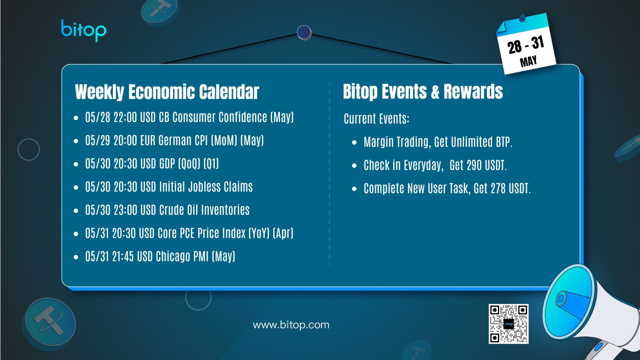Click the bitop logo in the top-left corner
(x=84, y=30)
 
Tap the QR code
(x=508, y=324)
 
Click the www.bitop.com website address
(x=291, y=325)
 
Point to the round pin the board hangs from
(x=304, y=32)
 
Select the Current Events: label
(x=376, y=118)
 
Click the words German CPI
(x=183, y=140)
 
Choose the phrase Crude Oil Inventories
(x=204, y=210)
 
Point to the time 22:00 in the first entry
(x=125, y=117)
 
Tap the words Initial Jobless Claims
(x=206, y=186)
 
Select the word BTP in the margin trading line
(x=503, y=142)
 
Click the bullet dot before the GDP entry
(x=76, y=164)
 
